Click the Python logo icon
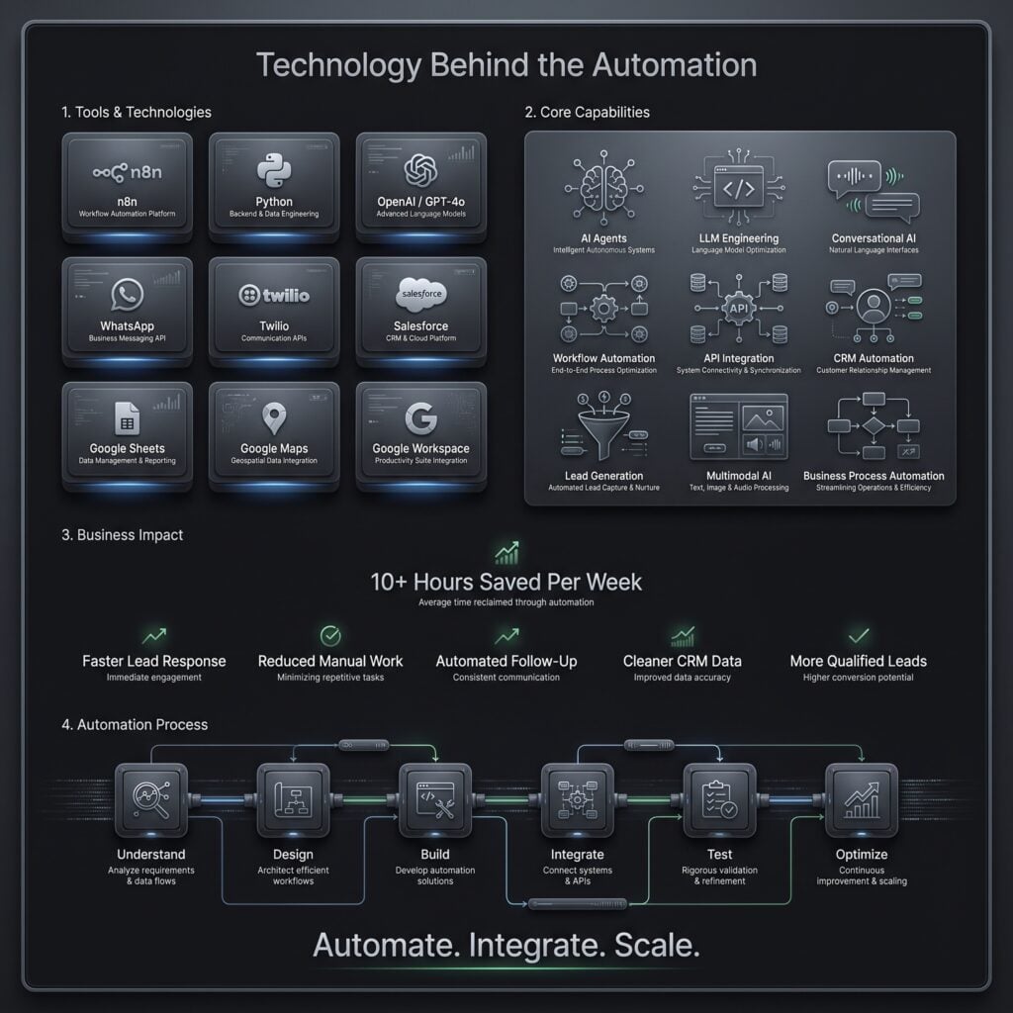[274, 170]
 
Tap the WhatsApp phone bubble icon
[128, 295]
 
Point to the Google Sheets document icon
[128, 418]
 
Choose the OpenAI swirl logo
[420, 170]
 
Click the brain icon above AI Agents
[603, 188]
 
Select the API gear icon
[738, 309]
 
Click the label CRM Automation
[874, 358]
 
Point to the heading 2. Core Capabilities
[588, 113]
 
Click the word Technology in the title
[338, 66]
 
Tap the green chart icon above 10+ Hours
[506, 553]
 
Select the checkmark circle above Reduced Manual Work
[330, 636]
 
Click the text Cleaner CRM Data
[683, 662]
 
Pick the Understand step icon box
[151, 800]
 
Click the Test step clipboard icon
[719, 799]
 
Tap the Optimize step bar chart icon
[862, 800]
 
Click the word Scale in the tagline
[657, 946]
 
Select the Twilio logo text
[274, 295]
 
